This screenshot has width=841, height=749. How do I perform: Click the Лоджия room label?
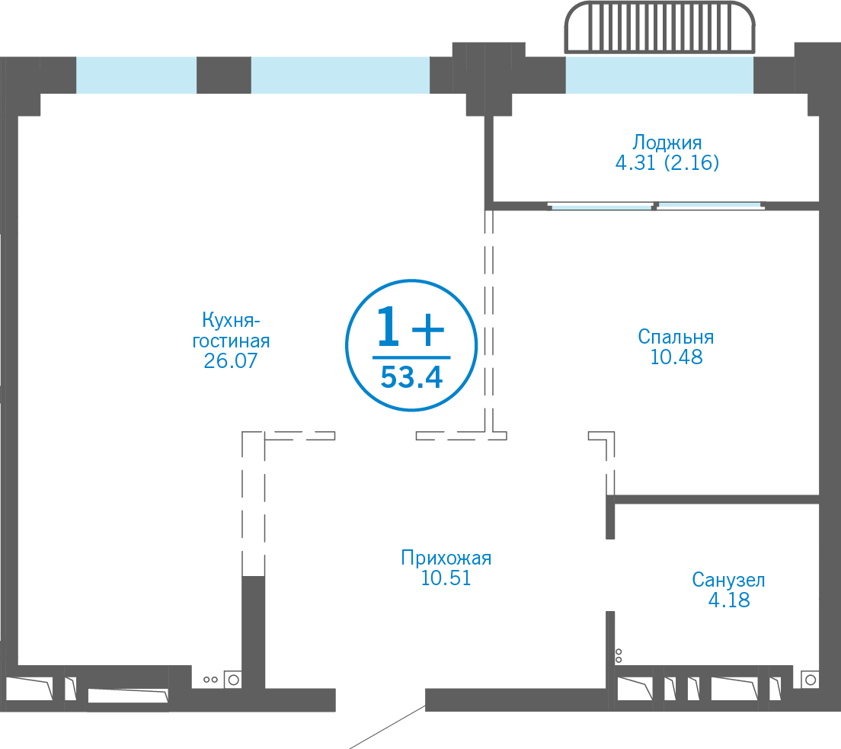pyautogui.click(x=667, y=143)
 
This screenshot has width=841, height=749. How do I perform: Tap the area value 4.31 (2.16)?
pyautogui.click(x=667, y=162)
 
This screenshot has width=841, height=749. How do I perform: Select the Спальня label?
pyautogui.click(x=676, y=337)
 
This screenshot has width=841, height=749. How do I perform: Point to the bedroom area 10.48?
pyautogui.click(x=676, y=357)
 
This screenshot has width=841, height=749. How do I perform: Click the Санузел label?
pyautogui.click(x=728, y=580)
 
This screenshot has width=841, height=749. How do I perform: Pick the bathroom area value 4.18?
pyautogui.click(x=729, y=600)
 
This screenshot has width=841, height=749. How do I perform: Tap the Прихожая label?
pyautogui.click(x=446, y=558)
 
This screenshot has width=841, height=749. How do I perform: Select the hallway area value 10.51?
pyautogui.click(x=446, y=578)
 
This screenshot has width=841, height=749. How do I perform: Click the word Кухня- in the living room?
pyautogui.click(x=231, y=320)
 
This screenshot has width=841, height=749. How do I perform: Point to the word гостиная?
pyautogui.click(x=231, y=341)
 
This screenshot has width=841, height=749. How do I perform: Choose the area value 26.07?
pyautogui.click(x=231, y=360)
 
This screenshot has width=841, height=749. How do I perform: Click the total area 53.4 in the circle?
pyautogui.click(x=411, y=377)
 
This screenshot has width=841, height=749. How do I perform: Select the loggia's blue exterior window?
pyautogui.click(x=660, y=75)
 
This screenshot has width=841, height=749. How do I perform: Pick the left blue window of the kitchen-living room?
pyautogui.click(x=136, y=75)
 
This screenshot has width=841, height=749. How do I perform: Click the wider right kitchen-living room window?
pyautogui.click(x=341, y=75)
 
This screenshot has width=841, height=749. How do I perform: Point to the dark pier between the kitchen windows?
pyautogui.click(x=224, y=75)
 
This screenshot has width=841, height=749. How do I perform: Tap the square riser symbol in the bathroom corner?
pyautogui.click(x=811, y=680)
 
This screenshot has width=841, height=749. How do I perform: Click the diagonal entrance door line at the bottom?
pyautogui.click(x=387, y=728)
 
